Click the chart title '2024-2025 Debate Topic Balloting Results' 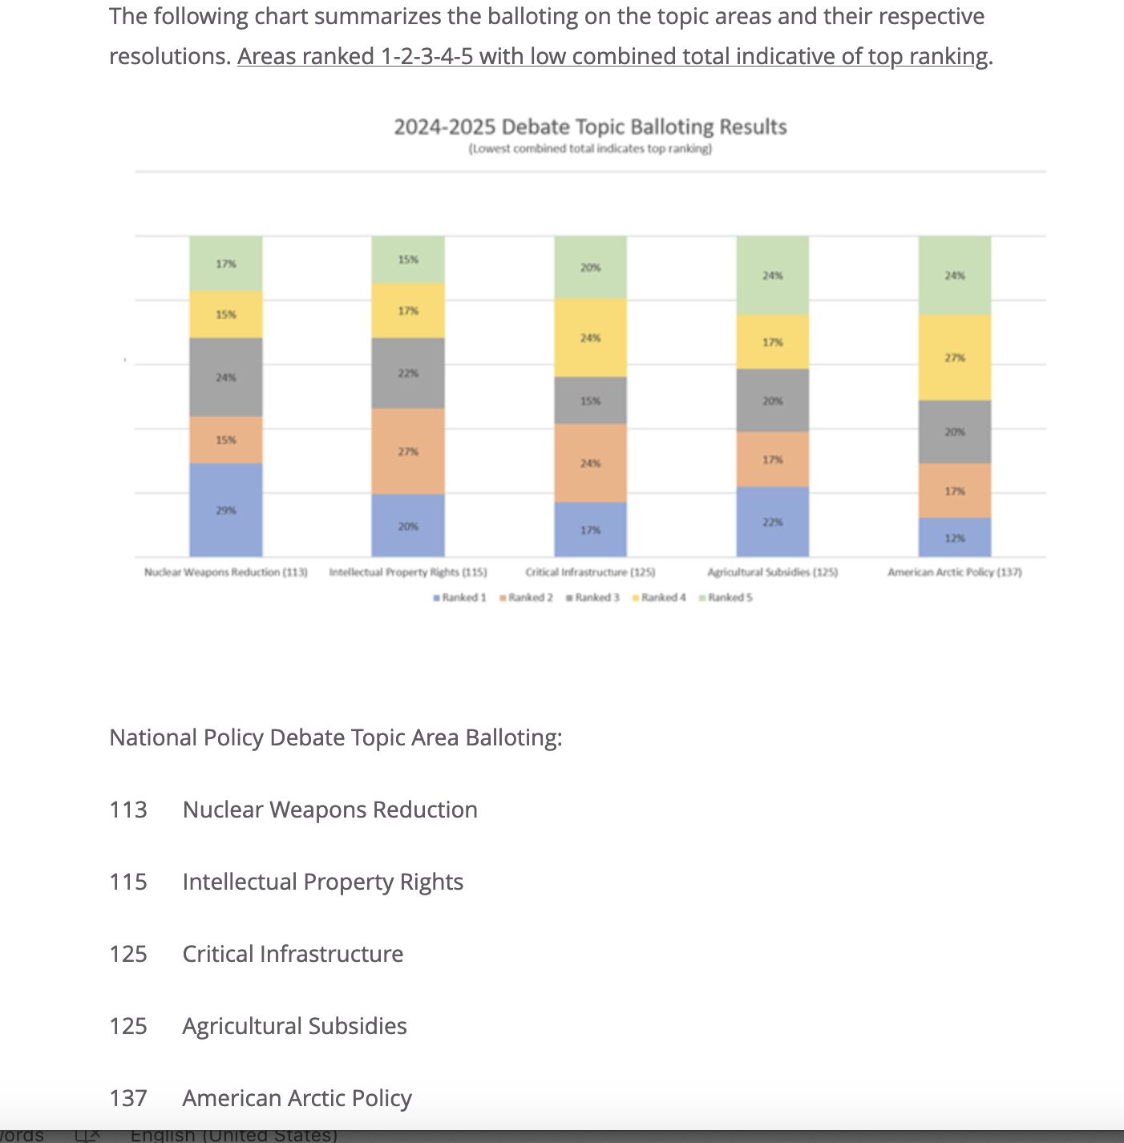click(590, 127)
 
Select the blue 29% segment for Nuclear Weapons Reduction click(226, 510)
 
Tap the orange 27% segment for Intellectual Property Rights click(408, 451)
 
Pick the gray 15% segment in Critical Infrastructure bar click(590, 401)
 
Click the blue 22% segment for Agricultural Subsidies click(772, 522)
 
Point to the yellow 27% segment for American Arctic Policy click(954, 357)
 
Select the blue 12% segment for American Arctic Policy click(954, 538)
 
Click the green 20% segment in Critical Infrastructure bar click(590, 268)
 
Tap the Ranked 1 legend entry click(460, 597)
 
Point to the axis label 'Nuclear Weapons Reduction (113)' click(226, 572)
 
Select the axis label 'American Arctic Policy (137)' click(954, 572)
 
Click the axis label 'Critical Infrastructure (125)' click(590, 572)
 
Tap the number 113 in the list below click(128, 810)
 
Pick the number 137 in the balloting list click(128, 1098)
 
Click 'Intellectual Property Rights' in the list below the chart click(323, 882)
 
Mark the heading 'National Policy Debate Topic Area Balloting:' click(336, 737)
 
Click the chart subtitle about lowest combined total click(590, 149)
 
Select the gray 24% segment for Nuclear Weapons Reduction click(226, 377)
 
